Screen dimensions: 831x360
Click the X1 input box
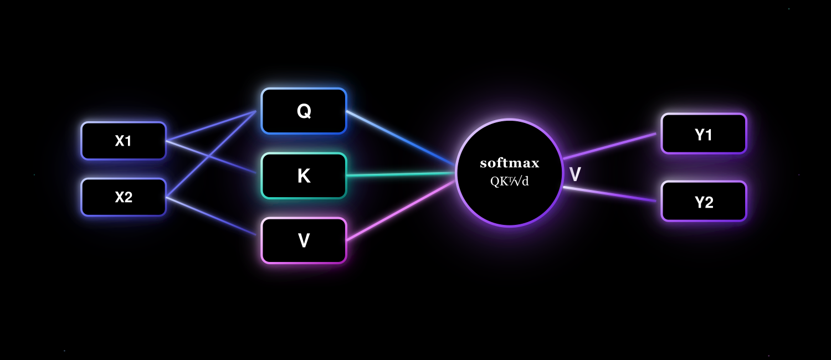pos(124,141)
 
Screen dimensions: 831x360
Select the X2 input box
pos(124,197)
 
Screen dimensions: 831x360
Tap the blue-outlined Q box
pos(304,111)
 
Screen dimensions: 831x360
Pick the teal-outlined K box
pos(304,176)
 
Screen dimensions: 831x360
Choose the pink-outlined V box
pos(304,240)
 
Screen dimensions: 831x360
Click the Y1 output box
pos(704,134)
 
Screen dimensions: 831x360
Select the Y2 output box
pos(704,202)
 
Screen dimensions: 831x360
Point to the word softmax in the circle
pos(509,163)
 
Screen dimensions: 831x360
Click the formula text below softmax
pos(509,181)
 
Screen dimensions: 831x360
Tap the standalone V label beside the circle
pos(575,174)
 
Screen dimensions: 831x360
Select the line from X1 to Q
pos(211,126)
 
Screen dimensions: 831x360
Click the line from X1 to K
pos(211,157)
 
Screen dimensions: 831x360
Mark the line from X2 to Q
pos(211,153)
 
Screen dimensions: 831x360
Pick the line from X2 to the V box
pos(211,216)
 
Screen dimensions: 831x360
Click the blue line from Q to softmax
pos(401,137)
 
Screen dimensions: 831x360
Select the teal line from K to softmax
pos(401,174)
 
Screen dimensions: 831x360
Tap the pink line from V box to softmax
pos(401,211)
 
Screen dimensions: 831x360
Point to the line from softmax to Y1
pos(609,146)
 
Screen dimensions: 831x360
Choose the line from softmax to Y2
pos(609,194)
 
